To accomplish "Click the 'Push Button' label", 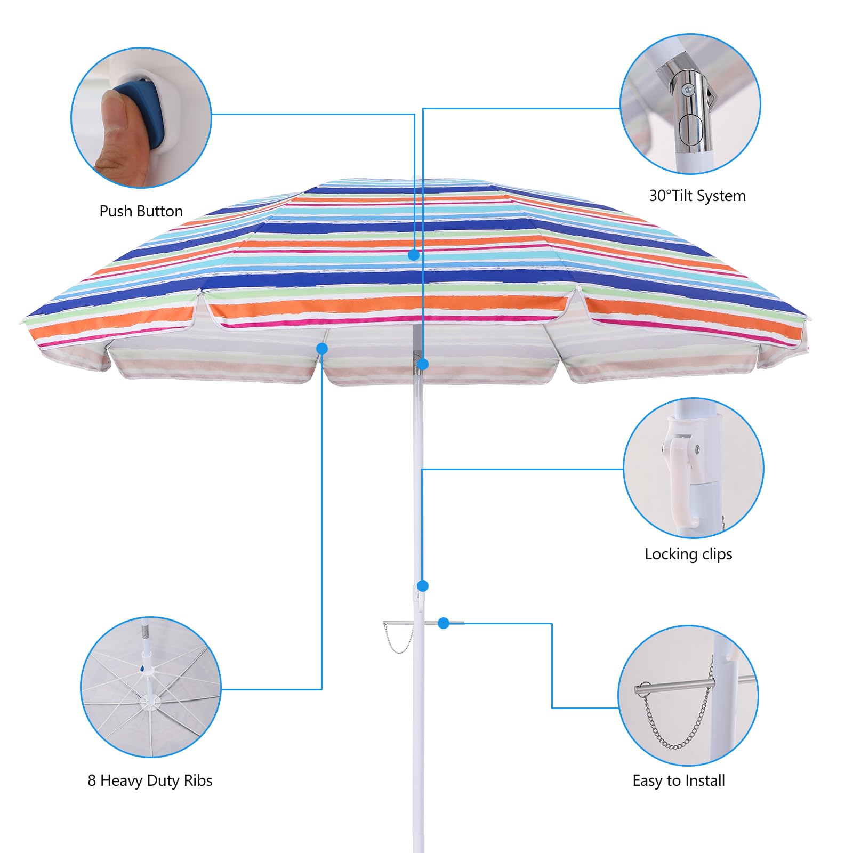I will pyautogui.click(x=141, y=211).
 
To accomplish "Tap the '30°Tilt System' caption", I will pyautogui.click(x=697, y=196).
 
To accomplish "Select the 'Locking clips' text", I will pyautogui.click(x=688, y=554).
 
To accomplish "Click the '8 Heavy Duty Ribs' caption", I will pyautogui.click(x=150, y=780).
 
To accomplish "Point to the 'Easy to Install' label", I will pyautogui.click(x=678, y=780).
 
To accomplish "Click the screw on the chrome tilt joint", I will pyautogui.click(x=688, y=91).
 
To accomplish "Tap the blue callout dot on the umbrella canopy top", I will pyautogui.click(x=414, y=255).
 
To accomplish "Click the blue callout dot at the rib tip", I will pyautogui.click(x=321, y=349).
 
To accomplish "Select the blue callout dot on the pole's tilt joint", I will pyautogui.click(x=423, y=364).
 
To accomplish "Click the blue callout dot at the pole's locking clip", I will pyautogui.click(x=423, y=586).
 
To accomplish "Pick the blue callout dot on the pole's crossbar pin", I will pyautogui.click(x=444, y=623).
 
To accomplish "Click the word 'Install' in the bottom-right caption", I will pyautogui.click(x=705, y=780).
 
